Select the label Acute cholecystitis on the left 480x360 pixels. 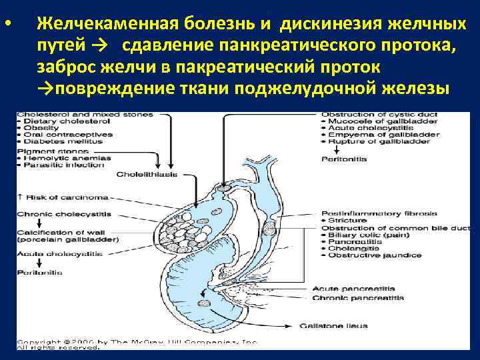tap(59, 255)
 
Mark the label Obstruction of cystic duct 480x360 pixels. tap(379, 115)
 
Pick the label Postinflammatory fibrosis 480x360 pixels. tap(379, 213)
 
